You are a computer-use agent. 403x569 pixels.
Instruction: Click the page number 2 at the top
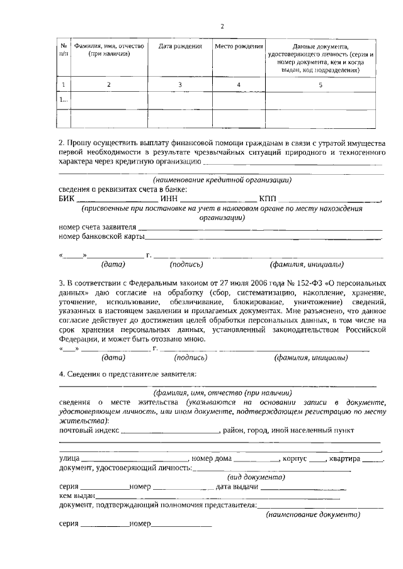coord(222,26)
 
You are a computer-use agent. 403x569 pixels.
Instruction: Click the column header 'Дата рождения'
coord(180,47)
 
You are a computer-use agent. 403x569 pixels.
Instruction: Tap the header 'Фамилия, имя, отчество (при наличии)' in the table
coord(109,50)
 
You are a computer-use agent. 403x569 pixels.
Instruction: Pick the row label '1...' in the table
coord(63,99)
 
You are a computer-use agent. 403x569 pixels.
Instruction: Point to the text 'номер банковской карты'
coord(101,237)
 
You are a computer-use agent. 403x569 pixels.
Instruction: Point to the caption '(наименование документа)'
coord(313,514)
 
